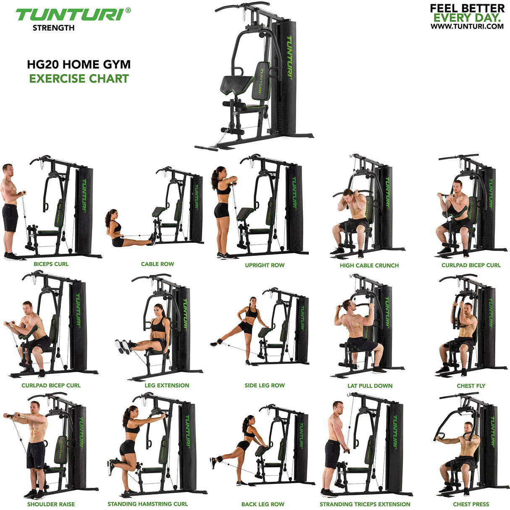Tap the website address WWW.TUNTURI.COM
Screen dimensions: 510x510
coord(467,26)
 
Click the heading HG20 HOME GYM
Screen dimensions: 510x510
coord(79,65)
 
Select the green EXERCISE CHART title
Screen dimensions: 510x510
coord(79,79)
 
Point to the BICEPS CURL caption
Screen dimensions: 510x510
coord(51,264)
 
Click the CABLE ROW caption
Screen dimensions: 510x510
coord(157,264)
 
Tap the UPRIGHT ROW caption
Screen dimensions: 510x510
coord(265,266)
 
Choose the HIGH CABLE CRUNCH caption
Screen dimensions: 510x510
coord(369,266)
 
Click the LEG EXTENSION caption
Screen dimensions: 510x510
coord(167,385)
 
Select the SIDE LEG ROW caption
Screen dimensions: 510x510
coord(265,385)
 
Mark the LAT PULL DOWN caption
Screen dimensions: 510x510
coord(370,386)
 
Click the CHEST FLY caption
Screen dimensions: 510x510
coord(471,386)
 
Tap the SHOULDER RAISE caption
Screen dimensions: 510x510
coord(51,504)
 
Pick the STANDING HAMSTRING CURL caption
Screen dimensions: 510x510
coord(147,504)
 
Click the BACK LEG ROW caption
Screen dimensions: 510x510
coord(263,504)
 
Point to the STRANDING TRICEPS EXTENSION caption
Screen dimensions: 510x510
coord(365,504)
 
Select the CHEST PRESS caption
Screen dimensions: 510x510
coord(471,504)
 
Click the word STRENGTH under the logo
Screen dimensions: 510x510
coord(54,28)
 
